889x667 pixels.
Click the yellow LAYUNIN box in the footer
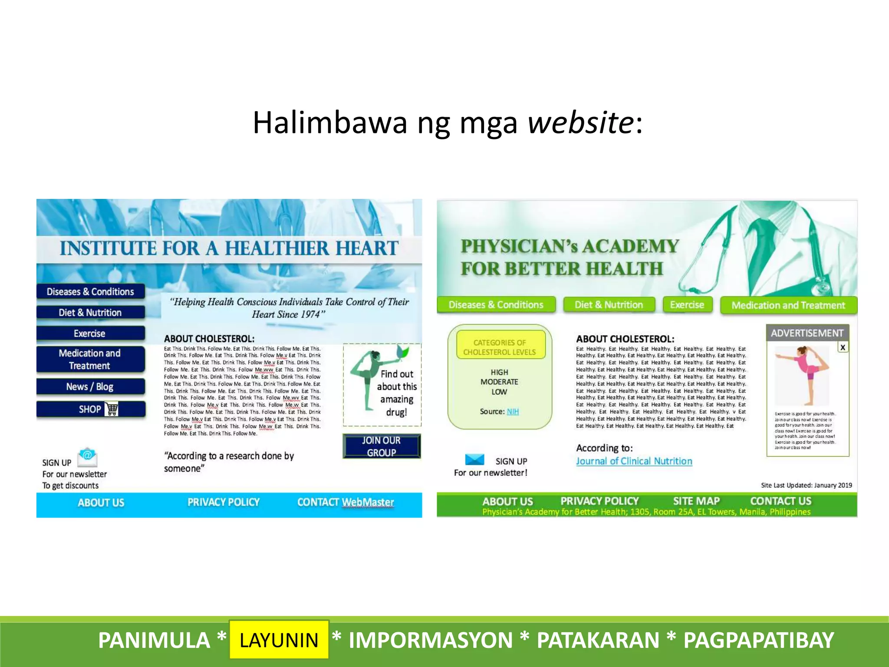[279, 640]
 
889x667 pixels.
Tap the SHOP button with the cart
[91, 409]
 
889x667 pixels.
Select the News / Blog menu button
[90, 386]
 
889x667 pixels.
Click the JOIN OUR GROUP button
[382, 446]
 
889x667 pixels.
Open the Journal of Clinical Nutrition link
[634, 461]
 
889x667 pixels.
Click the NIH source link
[513, 411]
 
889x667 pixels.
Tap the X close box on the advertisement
[843, 347]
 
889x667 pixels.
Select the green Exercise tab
[687, 305]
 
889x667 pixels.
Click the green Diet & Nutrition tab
[609, 305]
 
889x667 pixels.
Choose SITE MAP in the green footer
[696, 501]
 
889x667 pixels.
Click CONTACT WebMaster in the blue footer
[346, 502]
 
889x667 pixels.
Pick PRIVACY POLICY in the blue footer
[224, 502]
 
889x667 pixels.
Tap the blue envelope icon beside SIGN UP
[474, 459]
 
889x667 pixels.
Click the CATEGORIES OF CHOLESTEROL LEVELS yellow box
[500, 347]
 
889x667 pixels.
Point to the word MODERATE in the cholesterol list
[499, 382]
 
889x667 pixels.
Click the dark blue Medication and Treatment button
[90, 359]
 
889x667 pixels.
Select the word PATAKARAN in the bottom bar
[598, 640]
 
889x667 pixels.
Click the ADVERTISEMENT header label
[807, 333]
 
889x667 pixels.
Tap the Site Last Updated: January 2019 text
[806, 485]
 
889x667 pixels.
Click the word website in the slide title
[580, 122]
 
